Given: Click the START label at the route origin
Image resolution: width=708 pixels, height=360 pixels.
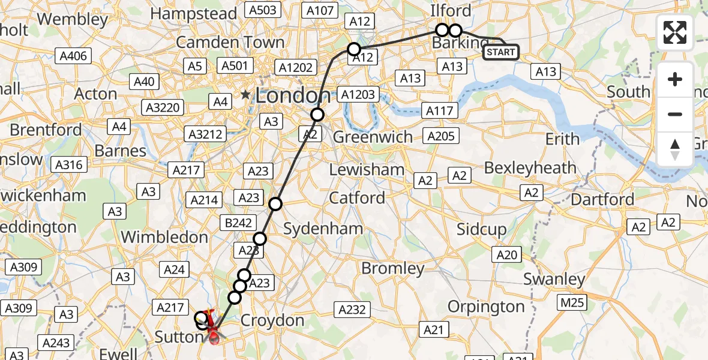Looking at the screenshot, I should coord(501,52).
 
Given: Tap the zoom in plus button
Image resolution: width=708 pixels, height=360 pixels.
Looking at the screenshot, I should coord(675,79).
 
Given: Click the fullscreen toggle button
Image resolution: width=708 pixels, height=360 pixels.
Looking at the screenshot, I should coord(675,32).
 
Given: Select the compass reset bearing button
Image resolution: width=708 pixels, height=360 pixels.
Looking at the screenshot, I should coord(675,149).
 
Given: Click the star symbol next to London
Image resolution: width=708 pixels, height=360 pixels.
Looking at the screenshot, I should coord(245,95).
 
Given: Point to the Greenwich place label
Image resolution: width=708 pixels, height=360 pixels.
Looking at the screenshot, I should coord(373,137).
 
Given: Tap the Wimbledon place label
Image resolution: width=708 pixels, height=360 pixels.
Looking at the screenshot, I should coord(164,237).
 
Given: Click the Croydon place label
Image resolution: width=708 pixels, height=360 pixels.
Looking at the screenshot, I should coord(272,321).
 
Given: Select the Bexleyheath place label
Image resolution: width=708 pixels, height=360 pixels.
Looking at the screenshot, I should coord(530,167).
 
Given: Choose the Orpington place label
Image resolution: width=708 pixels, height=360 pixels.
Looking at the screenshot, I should coord(486,307).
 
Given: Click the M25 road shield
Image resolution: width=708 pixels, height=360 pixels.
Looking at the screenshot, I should coord(571,302).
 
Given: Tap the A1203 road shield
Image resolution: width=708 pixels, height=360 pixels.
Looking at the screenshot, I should coord(358,94).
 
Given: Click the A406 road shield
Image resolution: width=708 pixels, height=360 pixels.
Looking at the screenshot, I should coord(74,56).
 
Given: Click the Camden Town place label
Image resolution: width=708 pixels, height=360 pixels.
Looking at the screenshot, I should coord(230,43).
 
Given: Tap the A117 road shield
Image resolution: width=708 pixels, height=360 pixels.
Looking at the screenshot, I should coord(440,110).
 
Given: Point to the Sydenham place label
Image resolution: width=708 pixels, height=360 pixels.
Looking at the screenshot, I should coord(323,229).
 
